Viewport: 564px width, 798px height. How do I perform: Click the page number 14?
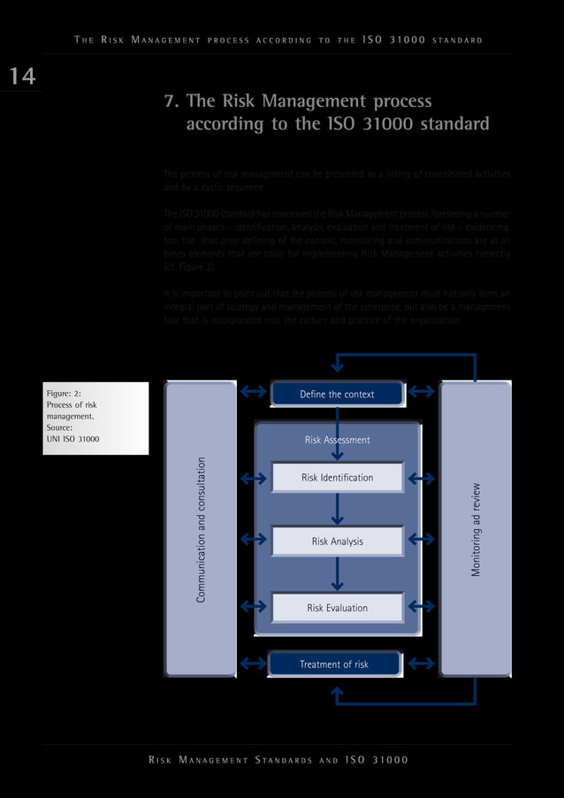point(22,78)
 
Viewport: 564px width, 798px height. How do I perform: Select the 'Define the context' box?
point(337,395)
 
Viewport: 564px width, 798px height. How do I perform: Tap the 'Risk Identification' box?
point(337,478)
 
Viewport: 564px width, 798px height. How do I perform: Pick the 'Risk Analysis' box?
point(337,541)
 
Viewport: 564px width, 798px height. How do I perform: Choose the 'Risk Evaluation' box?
point(337,608)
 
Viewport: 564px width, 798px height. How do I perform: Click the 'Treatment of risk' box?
point(334,664)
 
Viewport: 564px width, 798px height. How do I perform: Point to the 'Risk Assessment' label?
point(337,440)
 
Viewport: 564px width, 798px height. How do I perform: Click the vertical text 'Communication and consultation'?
point(201,530)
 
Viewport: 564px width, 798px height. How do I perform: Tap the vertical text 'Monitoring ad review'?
point(476,530)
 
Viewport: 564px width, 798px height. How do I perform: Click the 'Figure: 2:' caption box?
point(96,418)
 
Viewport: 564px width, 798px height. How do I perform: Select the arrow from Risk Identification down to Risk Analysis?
point(337,509)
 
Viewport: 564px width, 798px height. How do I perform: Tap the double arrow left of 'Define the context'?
point(253,392)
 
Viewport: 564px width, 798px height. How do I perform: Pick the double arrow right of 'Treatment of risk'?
point(422,664)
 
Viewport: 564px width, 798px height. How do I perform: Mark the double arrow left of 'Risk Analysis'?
point(253,539)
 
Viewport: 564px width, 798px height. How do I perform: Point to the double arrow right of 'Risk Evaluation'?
point(422,607)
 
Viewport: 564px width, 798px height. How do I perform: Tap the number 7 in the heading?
point(169,102)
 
